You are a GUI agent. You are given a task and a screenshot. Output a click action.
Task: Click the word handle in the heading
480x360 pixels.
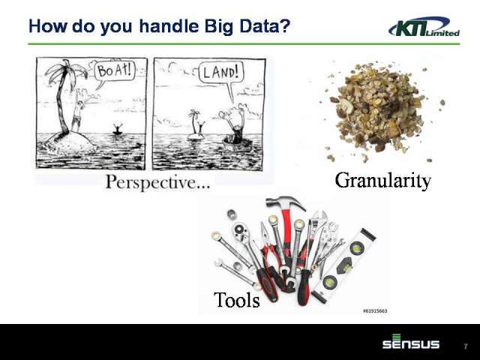click(x=169, y=25)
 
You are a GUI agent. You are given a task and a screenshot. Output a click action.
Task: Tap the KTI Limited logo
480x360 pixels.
click(x=424, y=27)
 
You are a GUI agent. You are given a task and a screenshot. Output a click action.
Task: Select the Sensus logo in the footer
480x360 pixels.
click(x=411, y=342)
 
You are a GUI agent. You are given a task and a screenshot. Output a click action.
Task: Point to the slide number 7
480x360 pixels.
click(x=466, y=346)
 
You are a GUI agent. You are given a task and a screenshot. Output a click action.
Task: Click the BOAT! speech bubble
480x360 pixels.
click(x=115, y=72)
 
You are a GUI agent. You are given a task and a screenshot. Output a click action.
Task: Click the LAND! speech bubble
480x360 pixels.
click(x=221, y=73)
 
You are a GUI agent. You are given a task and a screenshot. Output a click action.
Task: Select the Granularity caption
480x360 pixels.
click(x=382, y=181)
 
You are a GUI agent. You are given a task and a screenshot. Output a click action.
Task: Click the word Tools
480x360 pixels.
click(x=237, y=300)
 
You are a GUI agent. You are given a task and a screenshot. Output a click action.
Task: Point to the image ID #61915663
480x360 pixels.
click(x=375, y=311)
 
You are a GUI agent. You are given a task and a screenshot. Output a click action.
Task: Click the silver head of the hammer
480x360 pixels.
click(x=285, y=202)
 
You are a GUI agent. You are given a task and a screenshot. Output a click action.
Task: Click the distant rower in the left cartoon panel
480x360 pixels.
click(x=118, y=129)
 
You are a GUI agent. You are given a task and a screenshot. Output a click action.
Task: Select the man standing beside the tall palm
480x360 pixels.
click(x=77, y=115)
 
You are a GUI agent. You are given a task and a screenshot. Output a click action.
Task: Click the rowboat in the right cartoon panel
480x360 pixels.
click(x=237, y=143)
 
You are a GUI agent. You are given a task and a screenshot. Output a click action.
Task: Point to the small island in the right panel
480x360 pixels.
click(x=196, y=136)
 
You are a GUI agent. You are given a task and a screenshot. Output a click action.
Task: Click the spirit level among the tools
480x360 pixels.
click(x=343, y=265)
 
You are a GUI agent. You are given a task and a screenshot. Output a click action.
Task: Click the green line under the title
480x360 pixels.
click(x=244, y=44)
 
